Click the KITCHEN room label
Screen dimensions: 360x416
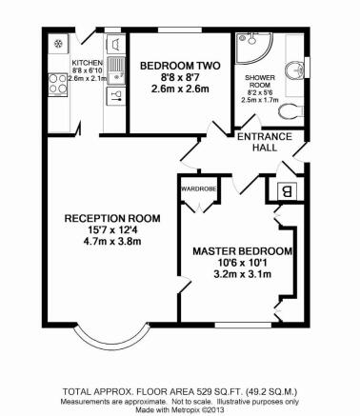(88, 63)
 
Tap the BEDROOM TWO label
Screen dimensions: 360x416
(180, 66)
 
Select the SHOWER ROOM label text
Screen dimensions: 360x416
(260, 81)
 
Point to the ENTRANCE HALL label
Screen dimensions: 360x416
(265, 142)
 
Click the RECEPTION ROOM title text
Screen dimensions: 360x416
(112, 218)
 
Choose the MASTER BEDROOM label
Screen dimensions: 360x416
(242, 251)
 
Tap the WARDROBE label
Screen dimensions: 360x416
(199, 188)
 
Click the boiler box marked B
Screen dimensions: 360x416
(287, 191)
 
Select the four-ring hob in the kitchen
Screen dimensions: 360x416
(58, 85)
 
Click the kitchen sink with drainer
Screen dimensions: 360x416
(116, 70)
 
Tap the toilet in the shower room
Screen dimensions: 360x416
(290, 111)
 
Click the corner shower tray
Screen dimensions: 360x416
(254, 48)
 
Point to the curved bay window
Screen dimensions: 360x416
(111, 346)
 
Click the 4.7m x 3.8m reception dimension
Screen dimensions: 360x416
(112, 241)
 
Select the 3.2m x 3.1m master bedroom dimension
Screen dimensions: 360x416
(242, 274)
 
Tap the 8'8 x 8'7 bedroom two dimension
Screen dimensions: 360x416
(180, 77)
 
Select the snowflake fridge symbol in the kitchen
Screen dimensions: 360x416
(58, 43)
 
